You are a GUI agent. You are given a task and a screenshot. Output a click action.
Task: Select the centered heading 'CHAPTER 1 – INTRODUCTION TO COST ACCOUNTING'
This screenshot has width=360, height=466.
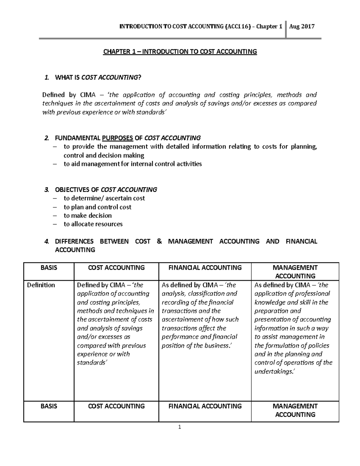pyautogui.click(x=180, y=52)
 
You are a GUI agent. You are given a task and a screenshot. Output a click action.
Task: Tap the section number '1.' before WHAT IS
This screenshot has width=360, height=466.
pyautogui.click(x=46, y=78)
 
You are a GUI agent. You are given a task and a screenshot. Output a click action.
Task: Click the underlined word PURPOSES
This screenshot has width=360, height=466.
pyautogui.click(x=118, y=138)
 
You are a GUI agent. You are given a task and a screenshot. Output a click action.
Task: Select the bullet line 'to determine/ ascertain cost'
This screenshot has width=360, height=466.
pyautogui.click(x=104, y=198)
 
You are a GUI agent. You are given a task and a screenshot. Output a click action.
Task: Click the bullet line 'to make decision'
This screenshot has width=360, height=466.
pyautogui.click(x=88, y=215)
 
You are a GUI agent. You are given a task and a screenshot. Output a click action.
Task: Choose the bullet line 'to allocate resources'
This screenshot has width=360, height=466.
pyautogui.click(x=93, y=224)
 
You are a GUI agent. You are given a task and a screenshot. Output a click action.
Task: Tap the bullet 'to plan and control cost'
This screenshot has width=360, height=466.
pyautogui.click(x=97, y=207)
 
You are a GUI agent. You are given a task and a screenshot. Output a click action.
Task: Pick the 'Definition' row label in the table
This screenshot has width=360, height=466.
pyautogui.click(x=41, y=285)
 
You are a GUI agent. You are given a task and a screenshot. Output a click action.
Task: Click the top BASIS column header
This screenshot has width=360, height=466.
pyautogui.click(x=49, y=268)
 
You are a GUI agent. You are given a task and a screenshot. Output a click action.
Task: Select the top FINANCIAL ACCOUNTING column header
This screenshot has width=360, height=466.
pyautogui.click(x=205, y=268)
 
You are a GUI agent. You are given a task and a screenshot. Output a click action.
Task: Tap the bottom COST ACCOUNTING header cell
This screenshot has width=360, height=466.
pyautogui.click(x=116, y=406)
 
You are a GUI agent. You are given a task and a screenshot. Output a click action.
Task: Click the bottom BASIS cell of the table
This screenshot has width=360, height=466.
pyautogui.click(x=49, y=406)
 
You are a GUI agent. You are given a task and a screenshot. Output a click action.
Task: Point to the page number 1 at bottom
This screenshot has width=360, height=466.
pyautogui.click(x=180, y=428)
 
